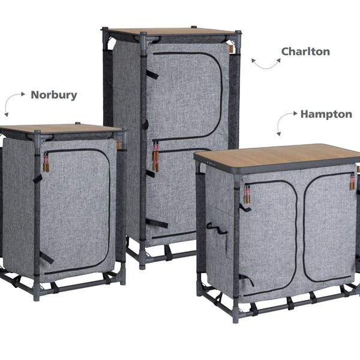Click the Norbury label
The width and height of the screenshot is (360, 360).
point(54,95)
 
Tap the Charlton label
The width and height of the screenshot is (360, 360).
point(305,52)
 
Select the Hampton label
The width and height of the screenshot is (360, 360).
point(326,115)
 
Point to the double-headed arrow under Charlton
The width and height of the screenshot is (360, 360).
point(266,67)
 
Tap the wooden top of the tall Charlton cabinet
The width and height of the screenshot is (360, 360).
point(171,32)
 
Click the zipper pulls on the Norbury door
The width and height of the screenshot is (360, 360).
point(46,162)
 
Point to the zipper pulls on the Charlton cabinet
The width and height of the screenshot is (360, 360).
point(156,156)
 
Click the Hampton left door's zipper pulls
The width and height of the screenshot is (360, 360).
point(247,194)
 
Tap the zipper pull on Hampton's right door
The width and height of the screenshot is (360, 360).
point(352,181)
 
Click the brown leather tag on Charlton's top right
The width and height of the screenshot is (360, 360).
point(232,49)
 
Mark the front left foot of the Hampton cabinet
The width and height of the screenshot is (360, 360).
point(236,316)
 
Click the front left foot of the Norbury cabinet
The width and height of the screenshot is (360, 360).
point(36,294)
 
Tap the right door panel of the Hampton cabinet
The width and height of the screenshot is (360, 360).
point(328,227)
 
